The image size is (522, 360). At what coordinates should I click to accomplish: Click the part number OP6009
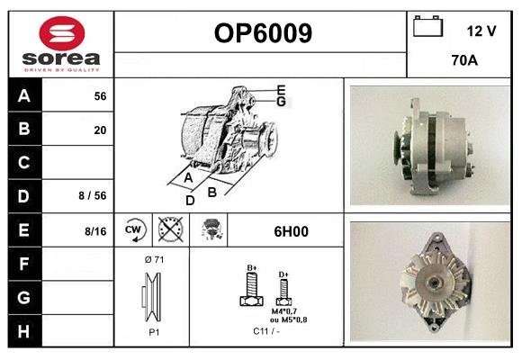coord(263,34)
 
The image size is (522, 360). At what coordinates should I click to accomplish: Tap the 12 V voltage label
coord(481,31)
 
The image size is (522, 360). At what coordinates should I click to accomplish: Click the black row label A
coord(24,95)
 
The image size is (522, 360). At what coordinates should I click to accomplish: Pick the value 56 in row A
coord(100,96)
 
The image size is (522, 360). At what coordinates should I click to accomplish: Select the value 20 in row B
coord(100,130)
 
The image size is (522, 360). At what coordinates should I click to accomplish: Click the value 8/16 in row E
coord(95,231)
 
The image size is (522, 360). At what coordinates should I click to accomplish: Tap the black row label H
coord(24,330)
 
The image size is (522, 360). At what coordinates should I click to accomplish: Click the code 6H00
coord(291,231)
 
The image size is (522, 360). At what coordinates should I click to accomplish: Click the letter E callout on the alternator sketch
coord(281,89)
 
